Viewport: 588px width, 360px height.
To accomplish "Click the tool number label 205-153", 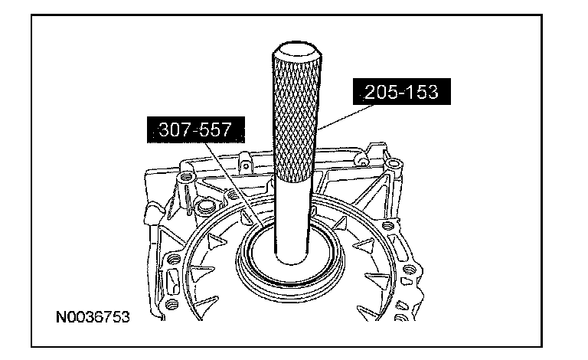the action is (402, 91).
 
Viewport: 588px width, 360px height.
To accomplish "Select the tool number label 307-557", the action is (196, 129).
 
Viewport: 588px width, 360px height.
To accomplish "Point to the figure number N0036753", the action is (93, 317).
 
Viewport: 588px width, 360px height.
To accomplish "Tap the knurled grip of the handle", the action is (296, 116).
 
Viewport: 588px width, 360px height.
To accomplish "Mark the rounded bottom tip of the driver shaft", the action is (292, 261).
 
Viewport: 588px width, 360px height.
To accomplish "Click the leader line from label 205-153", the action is (345, 117).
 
